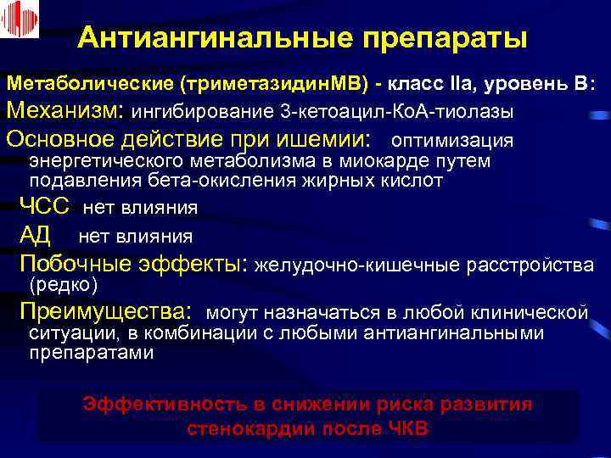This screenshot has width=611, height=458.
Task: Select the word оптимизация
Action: click(454, 140)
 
